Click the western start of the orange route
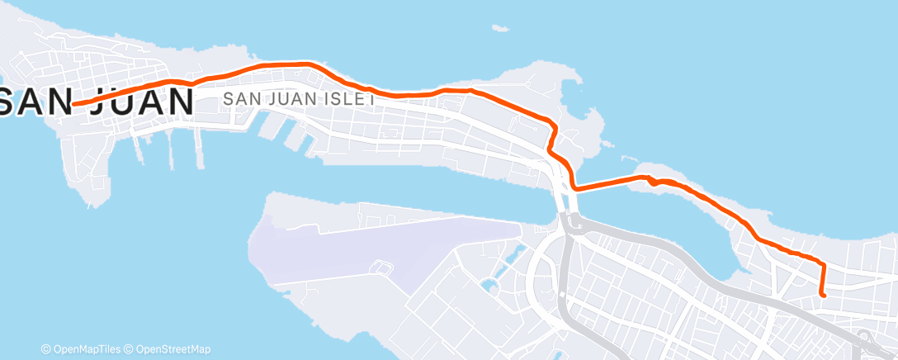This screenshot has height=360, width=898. [74, 104]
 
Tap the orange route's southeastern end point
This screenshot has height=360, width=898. [824, 294]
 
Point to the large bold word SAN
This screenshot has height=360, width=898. [37, 102]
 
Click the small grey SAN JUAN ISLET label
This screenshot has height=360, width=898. [299, 98]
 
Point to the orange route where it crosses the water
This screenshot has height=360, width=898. [607, 182]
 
